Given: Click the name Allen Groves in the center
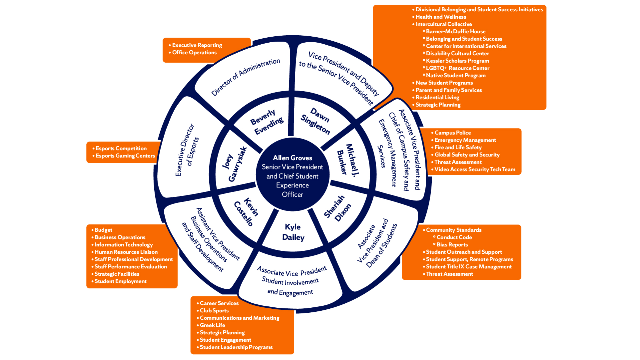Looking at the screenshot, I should (293, 158).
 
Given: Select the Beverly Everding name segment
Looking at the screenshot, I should (267, 122).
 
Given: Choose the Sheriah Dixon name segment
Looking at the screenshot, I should (337, 208).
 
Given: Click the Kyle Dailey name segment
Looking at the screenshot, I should (293, 232).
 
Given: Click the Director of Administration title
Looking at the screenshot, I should (246, 77).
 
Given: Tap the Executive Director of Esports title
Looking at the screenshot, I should (187, 150).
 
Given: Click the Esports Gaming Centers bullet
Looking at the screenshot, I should (125, 156).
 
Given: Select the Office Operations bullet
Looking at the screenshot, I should (194, 53).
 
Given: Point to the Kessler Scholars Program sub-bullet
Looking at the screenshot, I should (457, 61).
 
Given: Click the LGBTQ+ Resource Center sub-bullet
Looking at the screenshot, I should (457, 68).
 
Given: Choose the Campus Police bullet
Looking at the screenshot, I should (452, 133).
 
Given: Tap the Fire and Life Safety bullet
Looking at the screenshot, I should (458, 148).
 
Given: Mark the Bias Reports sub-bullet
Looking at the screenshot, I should (452, 245).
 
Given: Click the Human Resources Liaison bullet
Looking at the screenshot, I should (126, 252).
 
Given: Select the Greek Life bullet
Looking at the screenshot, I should (212, 325).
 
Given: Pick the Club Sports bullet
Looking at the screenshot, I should (214, 311).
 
